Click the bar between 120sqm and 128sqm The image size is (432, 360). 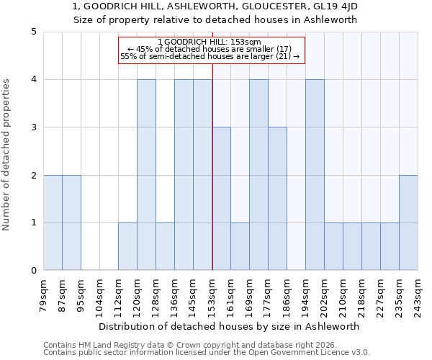[146, 175]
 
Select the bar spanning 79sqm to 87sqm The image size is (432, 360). [53, 222]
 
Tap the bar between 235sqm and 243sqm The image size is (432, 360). [408, 222]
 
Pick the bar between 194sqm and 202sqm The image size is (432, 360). [315, 175]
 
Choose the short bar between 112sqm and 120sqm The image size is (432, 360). [127, 246]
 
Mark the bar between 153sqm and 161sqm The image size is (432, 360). [221, 199]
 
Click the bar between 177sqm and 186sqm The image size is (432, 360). [277, 199]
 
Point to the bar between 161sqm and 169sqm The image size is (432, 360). [240, 246]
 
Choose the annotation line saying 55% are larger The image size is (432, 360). [210, 56]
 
